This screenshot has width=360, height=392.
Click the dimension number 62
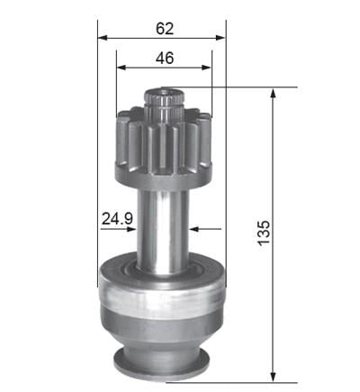(165, 29)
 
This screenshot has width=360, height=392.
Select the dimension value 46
(165, 58)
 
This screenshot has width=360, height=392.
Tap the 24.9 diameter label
(117, 218)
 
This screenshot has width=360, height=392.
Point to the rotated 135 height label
(264, 232)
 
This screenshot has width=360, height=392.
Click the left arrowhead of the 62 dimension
(103, 38)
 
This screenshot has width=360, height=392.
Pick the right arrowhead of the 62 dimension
(220, 38)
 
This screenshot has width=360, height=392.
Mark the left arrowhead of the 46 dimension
(121, 68)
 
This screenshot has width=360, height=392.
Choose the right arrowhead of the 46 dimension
(207, 68)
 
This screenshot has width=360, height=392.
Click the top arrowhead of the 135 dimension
(273, 93)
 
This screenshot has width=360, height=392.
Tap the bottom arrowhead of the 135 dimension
(273, 377)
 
